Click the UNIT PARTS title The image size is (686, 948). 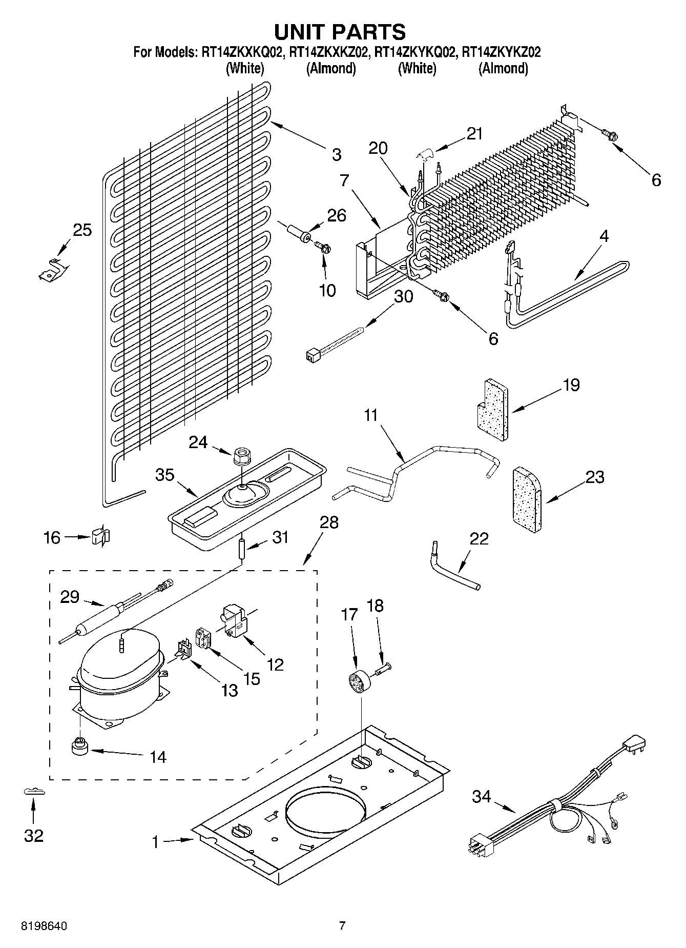pos(340,32)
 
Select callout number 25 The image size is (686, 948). pos(82,230)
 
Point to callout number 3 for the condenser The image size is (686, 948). pos(336,154)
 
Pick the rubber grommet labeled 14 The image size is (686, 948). pos(79,748)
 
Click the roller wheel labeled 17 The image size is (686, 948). pos(356,685)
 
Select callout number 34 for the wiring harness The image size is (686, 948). pos(481,797)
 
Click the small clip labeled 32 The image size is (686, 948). pos(34,792)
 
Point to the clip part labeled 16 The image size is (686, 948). pos(101,537)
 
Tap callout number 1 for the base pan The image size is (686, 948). pos(155,842)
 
